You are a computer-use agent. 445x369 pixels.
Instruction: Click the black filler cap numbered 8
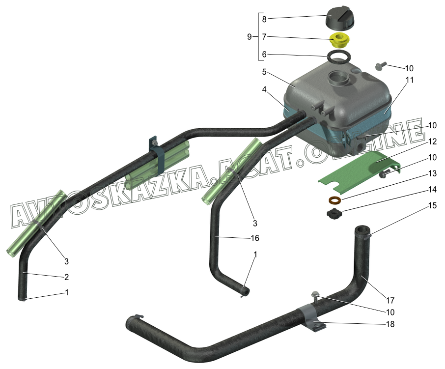click(339, 18)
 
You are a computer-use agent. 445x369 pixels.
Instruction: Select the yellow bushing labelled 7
click(339, 40)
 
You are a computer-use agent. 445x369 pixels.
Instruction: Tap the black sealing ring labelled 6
click(339, 56)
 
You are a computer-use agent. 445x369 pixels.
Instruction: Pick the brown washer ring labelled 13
click(335, 200)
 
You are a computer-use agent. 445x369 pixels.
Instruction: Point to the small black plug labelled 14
click(334, 213)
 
